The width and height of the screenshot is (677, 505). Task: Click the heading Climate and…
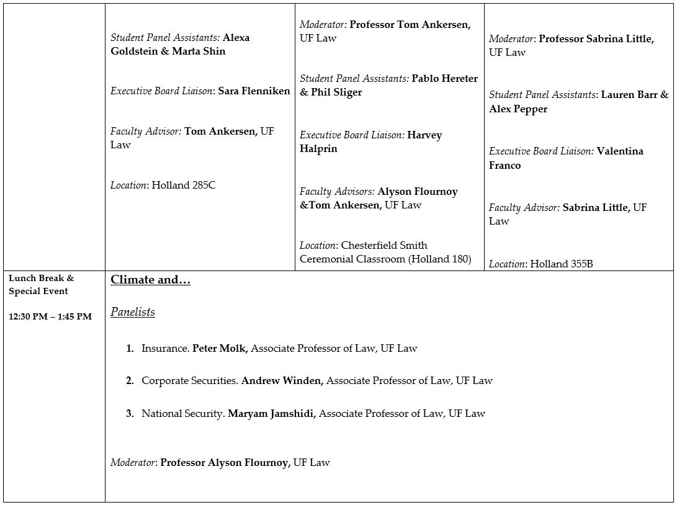coord(150,280)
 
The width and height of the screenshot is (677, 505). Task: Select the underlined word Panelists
coord(132,312)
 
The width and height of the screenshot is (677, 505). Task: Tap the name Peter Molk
coord(220,349)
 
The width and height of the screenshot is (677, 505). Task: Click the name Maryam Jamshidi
coord(271,413)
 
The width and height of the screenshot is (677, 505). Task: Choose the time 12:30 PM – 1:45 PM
coord(50,316)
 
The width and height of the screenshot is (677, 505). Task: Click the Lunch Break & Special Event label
coord(41,285)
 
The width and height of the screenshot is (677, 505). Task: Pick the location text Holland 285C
coord(184,185)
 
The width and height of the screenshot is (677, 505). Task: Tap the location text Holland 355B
coord(560,264)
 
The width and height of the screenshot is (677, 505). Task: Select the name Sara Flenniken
coord(254,91)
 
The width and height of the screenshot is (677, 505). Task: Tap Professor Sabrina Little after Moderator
coord(596,39)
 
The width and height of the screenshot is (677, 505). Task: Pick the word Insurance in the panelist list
coord(164,349)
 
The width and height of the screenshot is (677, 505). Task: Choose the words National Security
coord(182,413)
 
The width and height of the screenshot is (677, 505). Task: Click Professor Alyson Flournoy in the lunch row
coord(225,462)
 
